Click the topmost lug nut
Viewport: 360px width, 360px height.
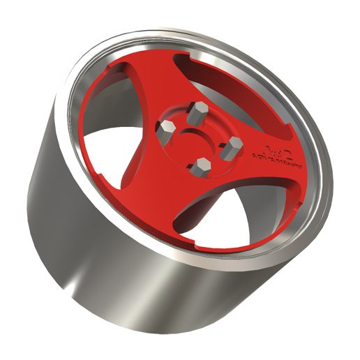click(x=195, y=111)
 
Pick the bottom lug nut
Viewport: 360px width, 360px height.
click(x=202, y=165)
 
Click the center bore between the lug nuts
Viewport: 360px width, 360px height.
click(x=200, y=137)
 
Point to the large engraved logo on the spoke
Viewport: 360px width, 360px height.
click(x=273, y=150)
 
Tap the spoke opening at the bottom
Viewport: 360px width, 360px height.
click(x=209, y=216)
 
